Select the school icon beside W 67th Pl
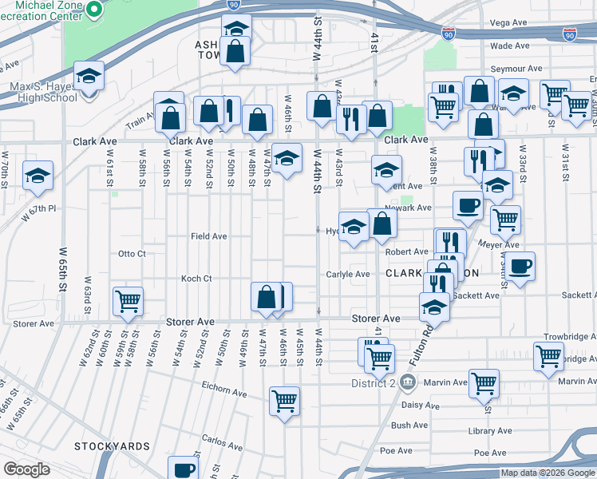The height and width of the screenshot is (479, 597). click(x=38, y=175)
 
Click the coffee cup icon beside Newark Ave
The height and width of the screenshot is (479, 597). click(x=469, y=204)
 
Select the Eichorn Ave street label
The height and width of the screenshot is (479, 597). click(x=225, y=392)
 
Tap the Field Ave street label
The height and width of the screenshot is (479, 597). click(x=208, y=236)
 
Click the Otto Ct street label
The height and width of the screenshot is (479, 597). click(x=132, y=254)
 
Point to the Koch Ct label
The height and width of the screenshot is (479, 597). click(x=196, y=279)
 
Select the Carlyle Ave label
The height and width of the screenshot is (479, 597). click(x=347, y=274)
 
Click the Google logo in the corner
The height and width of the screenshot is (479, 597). click(x=26, y=469)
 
